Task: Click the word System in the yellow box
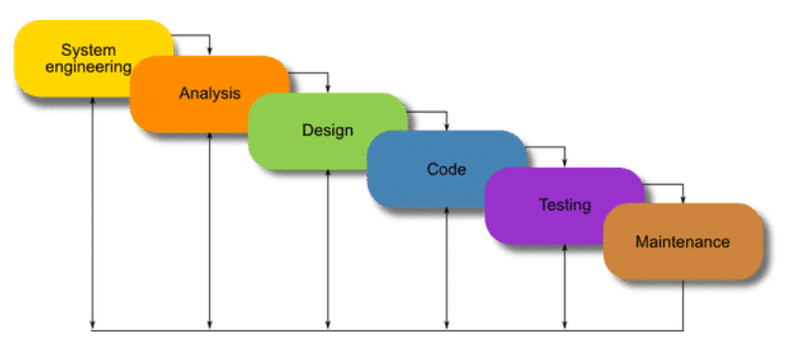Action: point(88,51)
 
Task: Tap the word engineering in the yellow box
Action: point(88,67)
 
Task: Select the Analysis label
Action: point(210,93)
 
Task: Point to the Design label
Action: point(328,130)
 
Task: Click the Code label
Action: point(447,169)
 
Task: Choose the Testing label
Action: point(564,204)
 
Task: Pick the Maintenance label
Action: point(682,242)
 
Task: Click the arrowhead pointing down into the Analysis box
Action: point(209,52)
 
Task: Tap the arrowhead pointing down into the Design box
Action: point(328,89)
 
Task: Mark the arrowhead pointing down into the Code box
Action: point(447,127)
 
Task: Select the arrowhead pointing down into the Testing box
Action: point(564,163)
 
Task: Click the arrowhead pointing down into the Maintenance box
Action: point(683,200)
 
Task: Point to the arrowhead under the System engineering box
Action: point(93,100)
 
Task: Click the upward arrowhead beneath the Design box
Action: point(328,174)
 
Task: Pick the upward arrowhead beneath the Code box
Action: point(447,211)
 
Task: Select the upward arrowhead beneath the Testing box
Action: point(564,248)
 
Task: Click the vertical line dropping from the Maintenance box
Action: point(683,305)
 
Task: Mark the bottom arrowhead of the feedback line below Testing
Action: point(564,325)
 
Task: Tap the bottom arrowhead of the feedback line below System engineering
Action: point(93,325)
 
